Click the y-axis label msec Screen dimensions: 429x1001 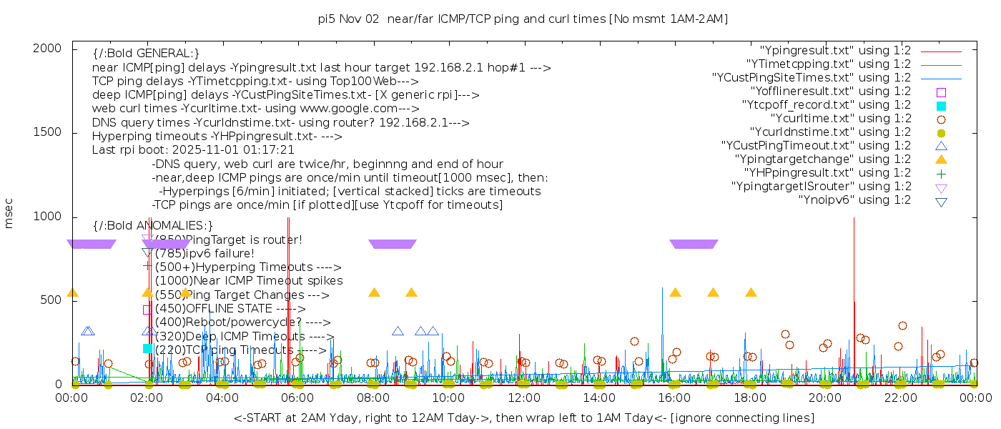pos(9,215)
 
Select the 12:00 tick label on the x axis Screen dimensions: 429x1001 pos(523,398)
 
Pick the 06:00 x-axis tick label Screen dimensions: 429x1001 pos(297,398)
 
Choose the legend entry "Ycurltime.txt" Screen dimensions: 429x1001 pos(840,118)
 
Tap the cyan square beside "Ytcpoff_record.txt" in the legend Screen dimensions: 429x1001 pos(941,105)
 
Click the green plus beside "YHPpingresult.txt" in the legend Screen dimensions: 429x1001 pos(941,173)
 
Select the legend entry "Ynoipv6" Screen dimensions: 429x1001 pos(854,199)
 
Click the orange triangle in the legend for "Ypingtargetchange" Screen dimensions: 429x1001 pos(941,159)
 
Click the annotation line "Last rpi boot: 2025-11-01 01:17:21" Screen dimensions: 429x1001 pos(193,150)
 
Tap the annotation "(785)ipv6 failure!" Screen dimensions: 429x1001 pos(204,253)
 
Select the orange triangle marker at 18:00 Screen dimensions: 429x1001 pos(751,292)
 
